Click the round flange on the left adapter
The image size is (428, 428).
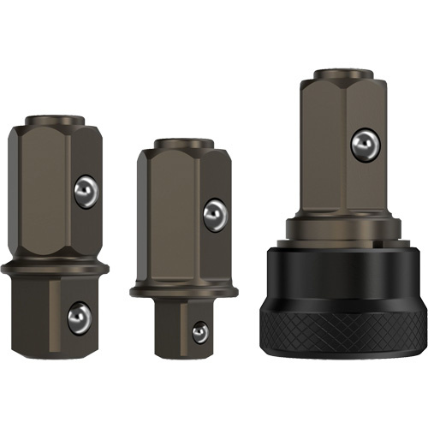pos(56,269)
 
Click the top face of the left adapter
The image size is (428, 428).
pos(56,119)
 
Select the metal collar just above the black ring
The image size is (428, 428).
pos(342,228)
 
